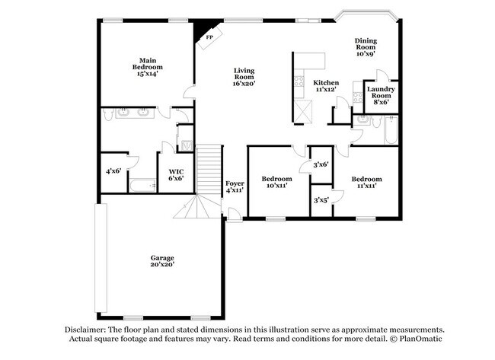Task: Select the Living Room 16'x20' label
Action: click(x=244, y=75)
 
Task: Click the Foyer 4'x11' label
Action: click(x=235, y=186)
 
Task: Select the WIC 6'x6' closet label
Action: click(x=177, y=175)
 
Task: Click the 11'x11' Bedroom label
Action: click(x=364, y=182)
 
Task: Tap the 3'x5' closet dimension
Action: click(x=321, y=200)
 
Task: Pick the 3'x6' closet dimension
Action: click(x=321, y=164)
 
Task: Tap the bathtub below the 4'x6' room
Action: click(x=144, y=185)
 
